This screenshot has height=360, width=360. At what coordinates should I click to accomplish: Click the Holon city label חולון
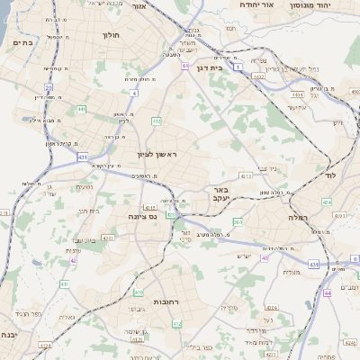111,35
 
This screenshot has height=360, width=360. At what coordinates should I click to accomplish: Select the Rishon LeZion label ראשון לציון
158,156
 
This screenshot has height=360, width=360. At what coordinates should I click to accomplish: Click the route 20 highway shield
49,87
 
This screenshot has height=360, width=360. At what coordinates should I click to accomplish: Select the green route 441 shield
81,110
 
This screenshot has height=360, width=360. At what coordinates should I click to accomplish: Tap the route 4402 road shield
258,76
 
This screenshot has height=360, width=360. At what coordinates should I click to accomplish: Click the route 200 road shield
237,220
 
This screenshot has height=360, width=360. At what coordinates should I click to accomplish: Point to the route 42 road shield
73,261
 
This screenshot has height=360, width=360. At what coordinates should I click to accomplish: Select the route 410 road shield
138,292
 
